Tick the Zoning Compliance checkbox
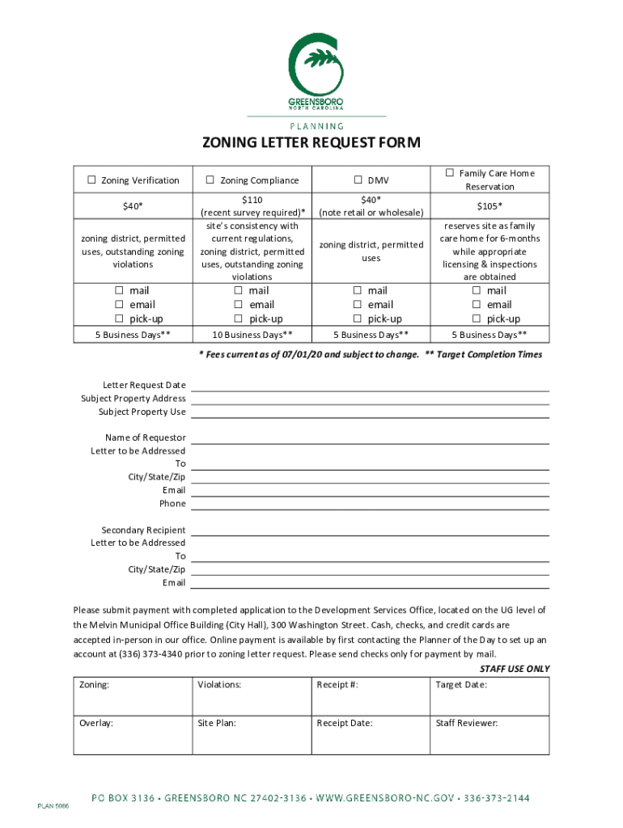pos(210,180)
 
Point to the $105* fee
pos(489,206)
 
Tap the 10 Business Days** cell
pos(252,335)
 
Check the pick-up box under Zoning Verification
pos(119,319)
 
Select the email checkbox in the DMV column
pos(357,305)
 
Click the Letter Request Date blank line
pos(370,386)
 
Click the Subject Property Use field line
pos(370,412)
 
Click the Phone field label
pos(172,504)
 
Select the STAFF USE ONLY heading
pos(514,669)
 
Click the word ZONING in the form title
pos(231,144)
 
